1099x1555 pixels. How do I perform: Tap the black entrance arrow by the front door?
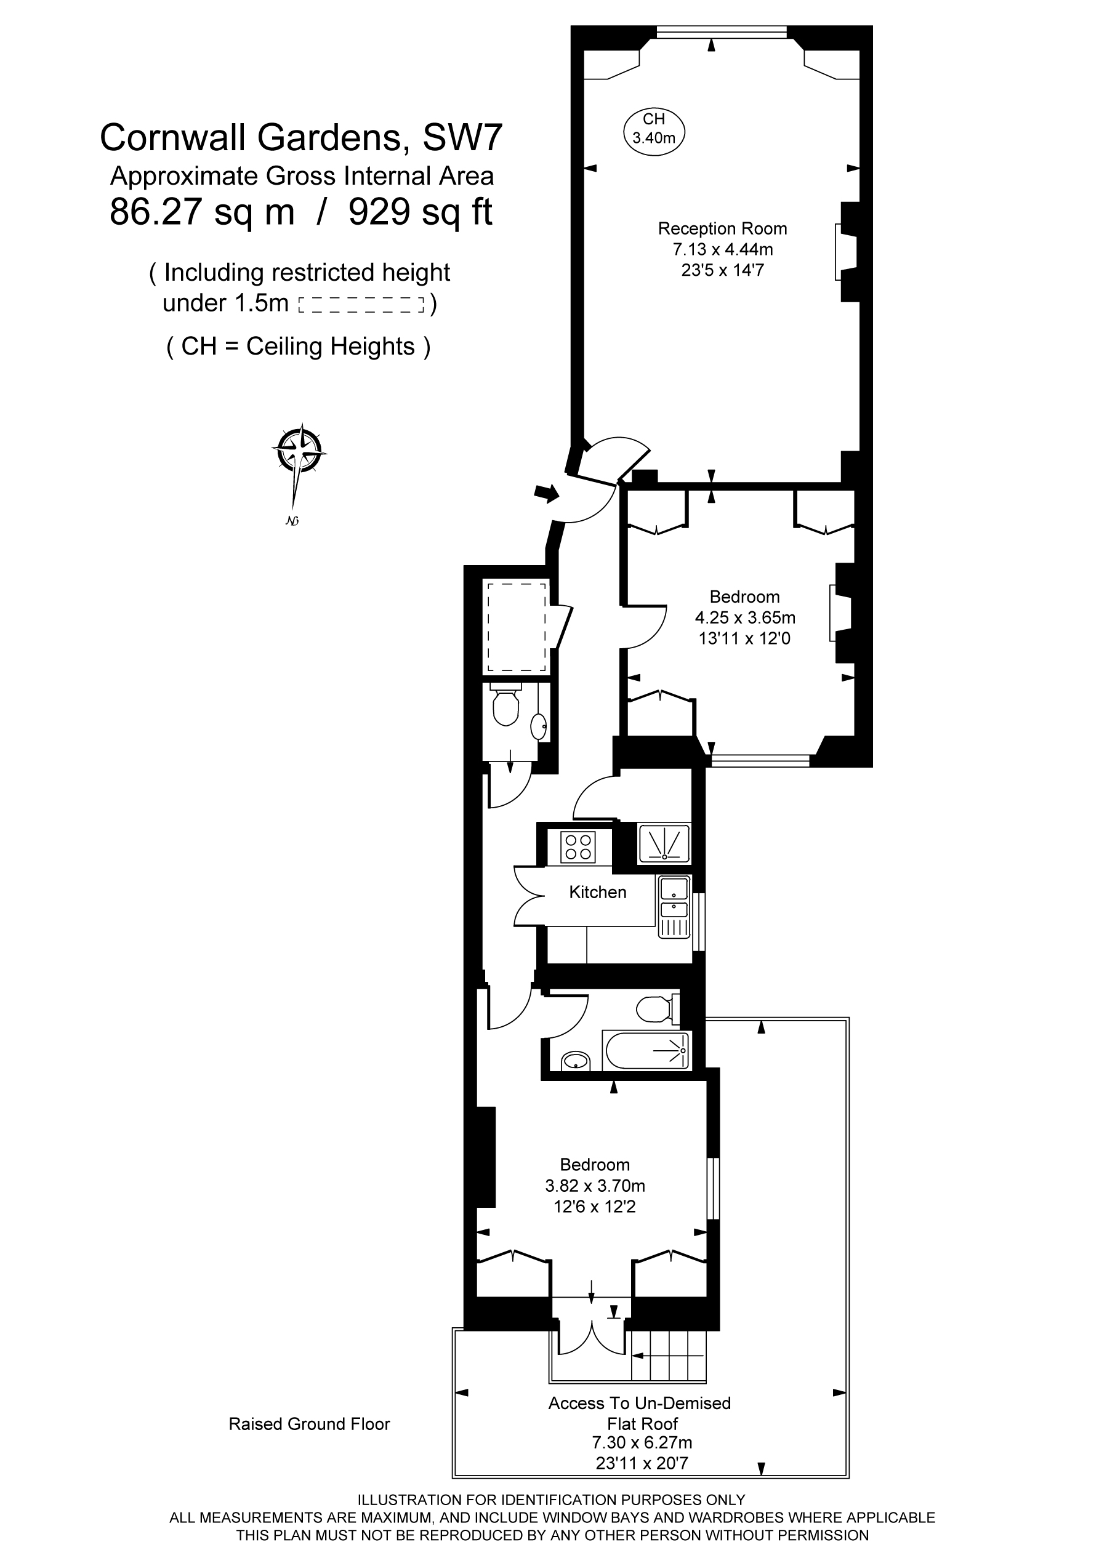tap(547, 493)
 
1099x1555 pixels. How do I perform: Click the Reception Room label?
tap(722, 229)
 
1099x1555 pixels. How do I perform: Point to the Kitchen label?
tap(597, 892)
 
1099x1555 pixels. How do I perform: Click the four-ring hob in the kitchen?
tap(578, 846)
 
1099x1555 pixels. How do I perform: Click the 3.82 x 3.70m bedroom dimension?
tap(595, 1186)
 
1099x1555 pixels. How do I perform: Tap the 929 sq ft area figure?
tap(420, 212)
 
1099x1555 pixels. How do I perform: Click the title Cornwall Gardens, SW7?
tap(301, 138)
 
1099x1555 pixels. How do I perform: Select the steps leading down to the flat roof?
tap(668, 1356)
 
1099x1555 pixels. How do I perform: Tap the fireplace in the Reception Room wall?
tap(845, 252)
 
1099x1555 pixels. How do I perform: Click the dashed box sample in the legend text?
tap(361, 305)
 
